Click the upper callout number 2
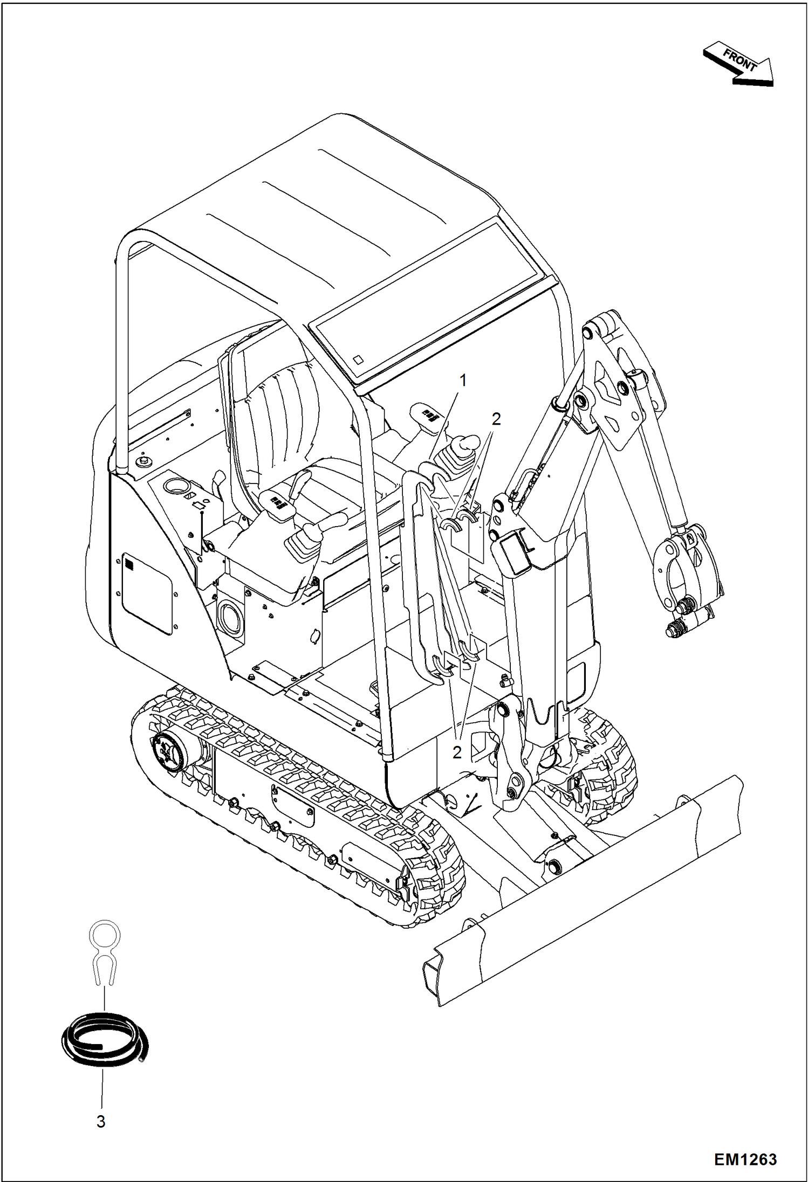(x=496, y=418)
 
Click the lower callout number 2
(x=457, y=752)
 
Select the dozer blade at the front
(x=583, y=889)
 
